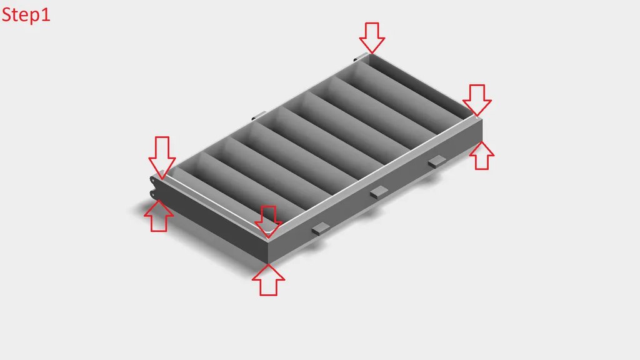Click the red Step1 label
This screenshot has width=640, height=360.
[26, 15]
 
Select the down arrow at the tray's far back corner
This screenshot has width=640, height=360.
[372, 38]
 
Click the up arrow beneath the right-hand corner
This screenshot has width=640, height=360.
[482, 156]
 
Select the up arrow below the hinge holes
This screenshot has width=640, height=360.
[159, 216]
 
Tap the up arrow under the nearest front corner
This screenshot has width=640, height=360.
[268, 280]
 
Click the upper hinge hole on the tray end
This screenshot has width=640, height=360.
[152, 180]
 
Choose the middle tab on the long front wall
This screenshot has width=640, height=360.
[379, 192]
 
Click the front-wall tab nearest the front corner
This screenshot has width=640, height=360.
[321, 229]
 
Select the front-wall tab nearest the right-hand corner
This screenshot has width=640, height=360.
[437, 161]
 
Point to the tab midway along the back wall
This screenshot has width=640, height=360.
[258, 116]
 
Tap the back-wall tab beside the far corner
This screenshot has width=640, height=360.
[359, 57]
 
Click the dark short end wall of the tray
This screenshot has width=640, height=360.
[211, 219]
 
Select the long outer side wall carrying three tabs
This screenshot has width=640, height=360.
[375, 191]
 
